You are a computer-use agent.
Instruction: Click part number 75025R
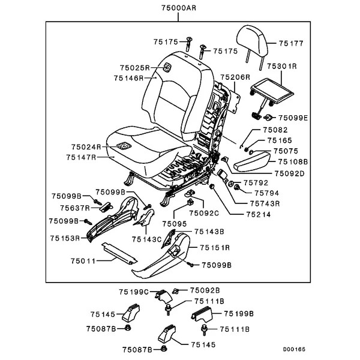[134, 68]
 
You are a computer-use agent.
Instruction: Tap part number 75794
[268, 193]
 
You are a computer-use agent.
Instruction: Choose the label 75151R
[215, 247]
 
